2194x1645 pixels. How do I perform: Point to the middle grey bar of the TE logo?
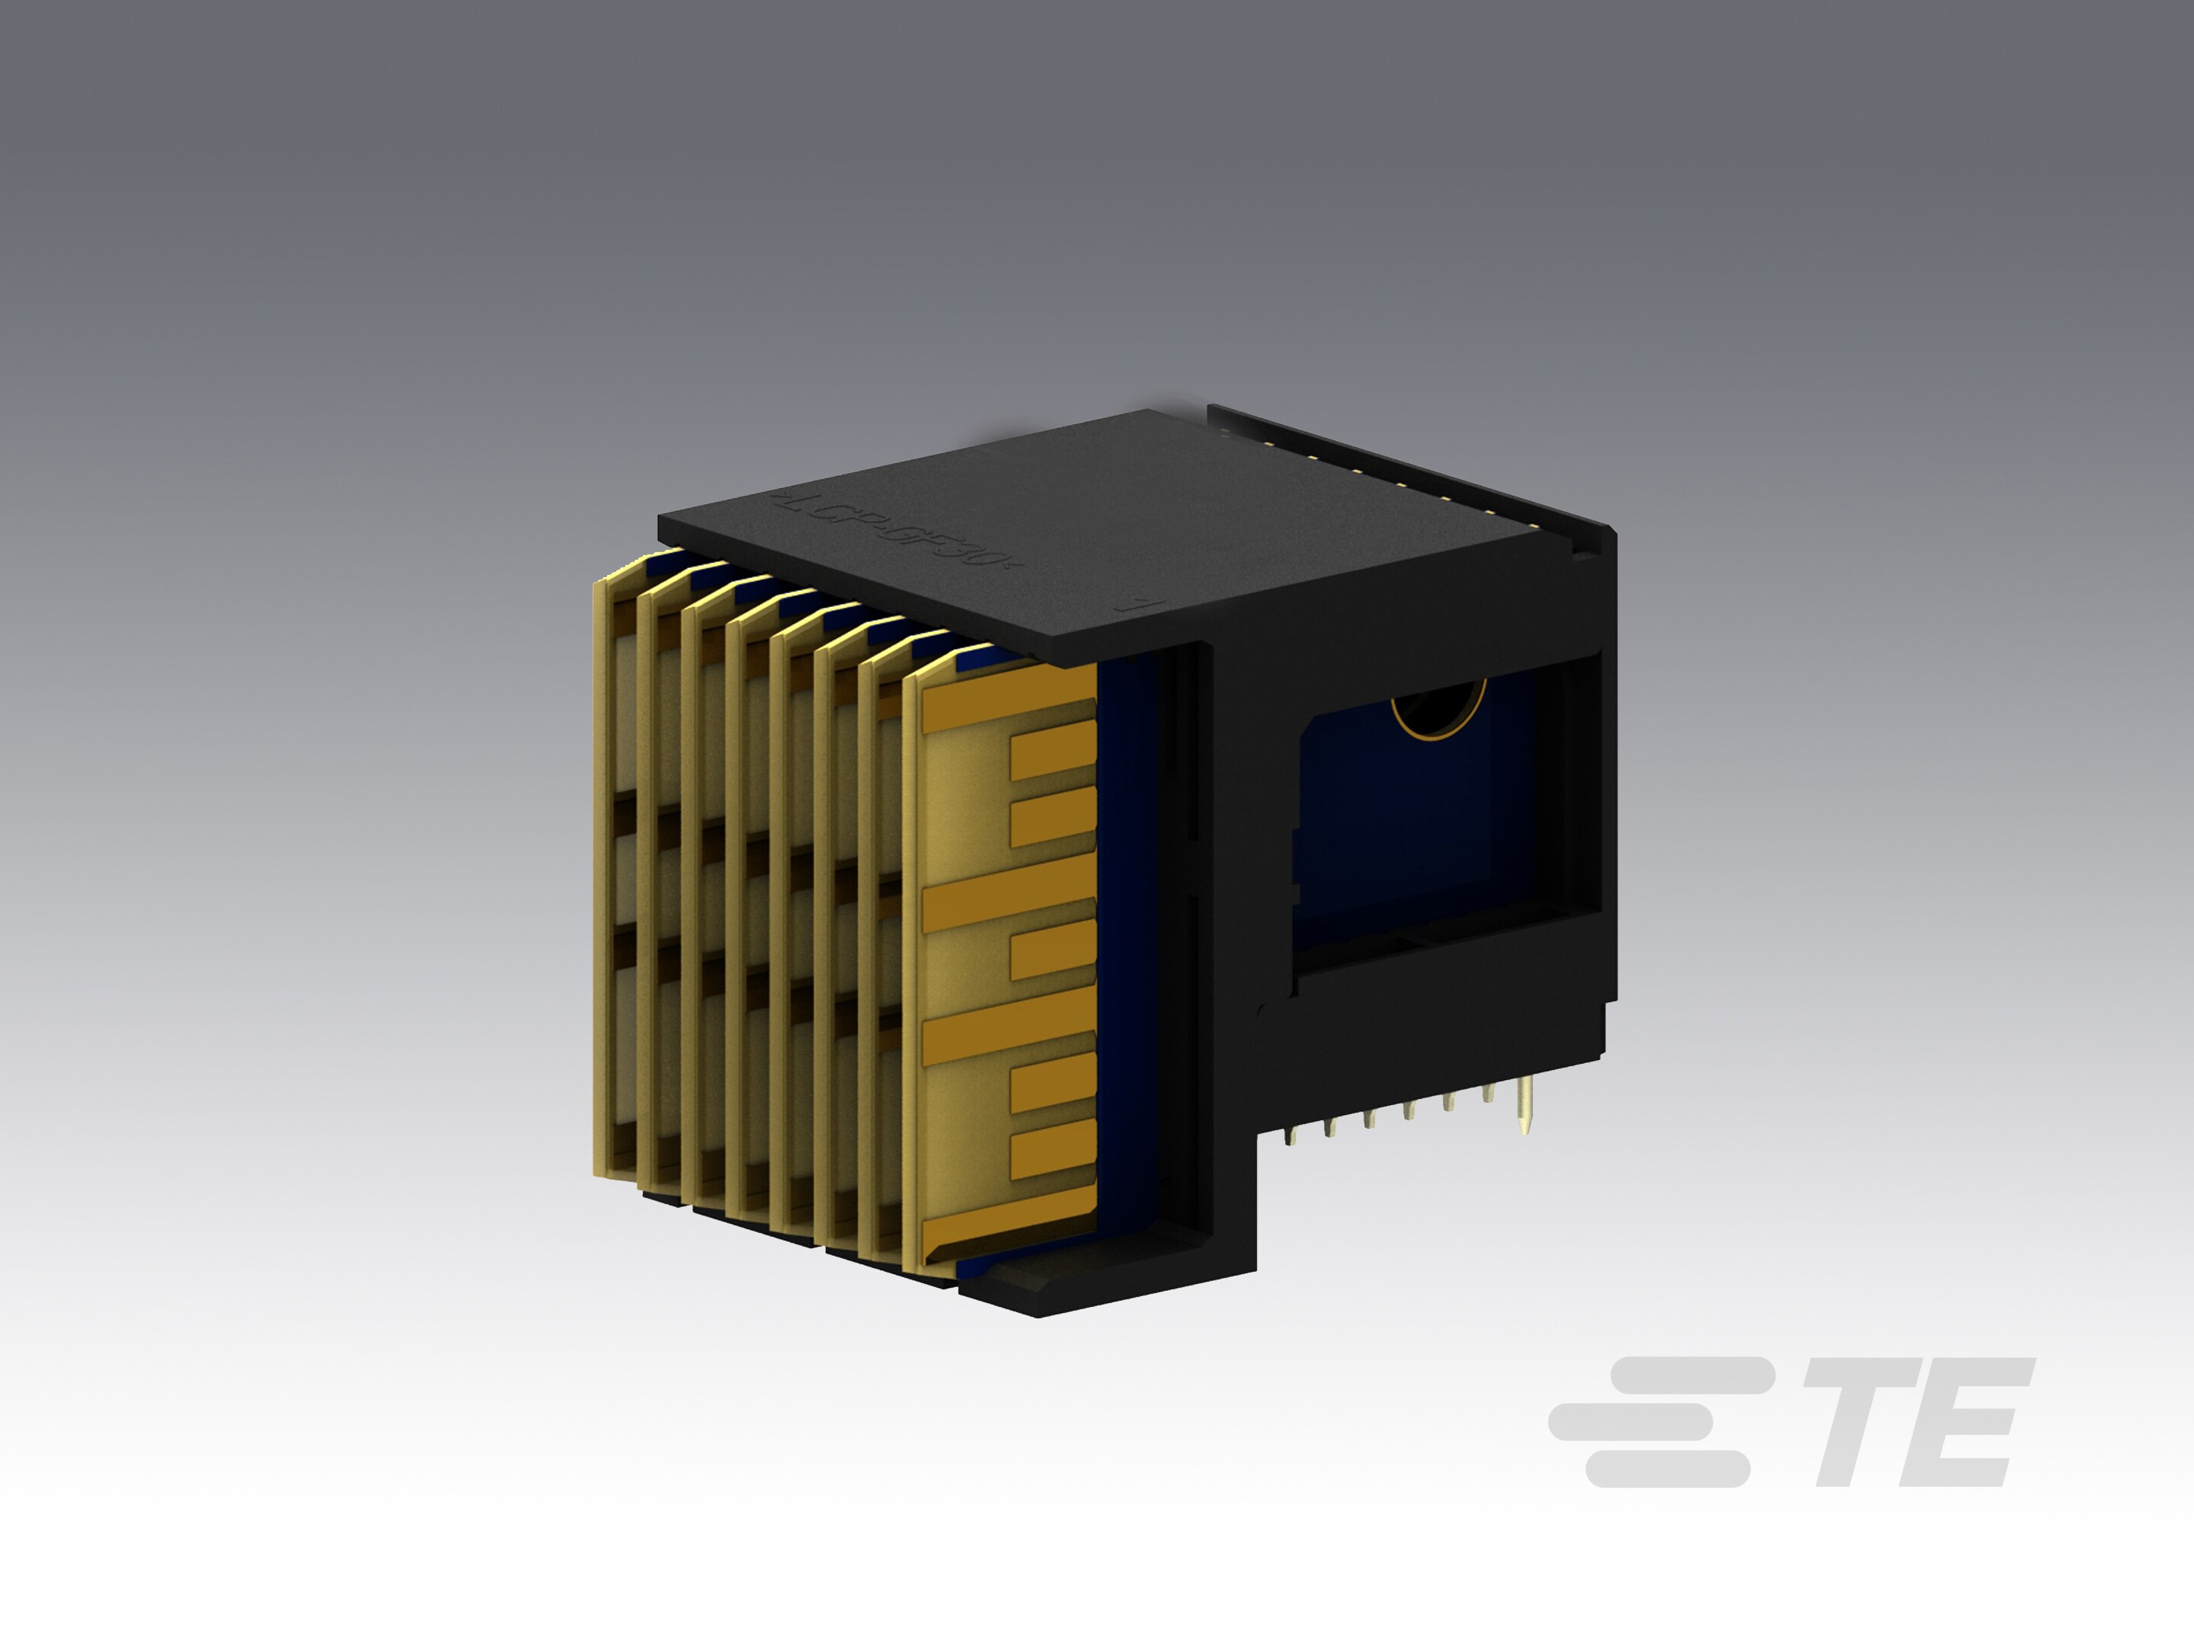1632,1421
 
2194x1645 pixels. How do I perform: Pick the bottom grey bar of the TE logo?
1668,1468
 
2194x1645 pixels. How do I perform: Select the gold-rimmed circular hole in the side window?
1438,709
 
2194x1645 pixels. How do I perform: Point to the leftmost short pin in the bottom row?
1290,1136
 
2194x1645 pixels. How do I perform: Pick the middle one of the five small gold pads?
1052,949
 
